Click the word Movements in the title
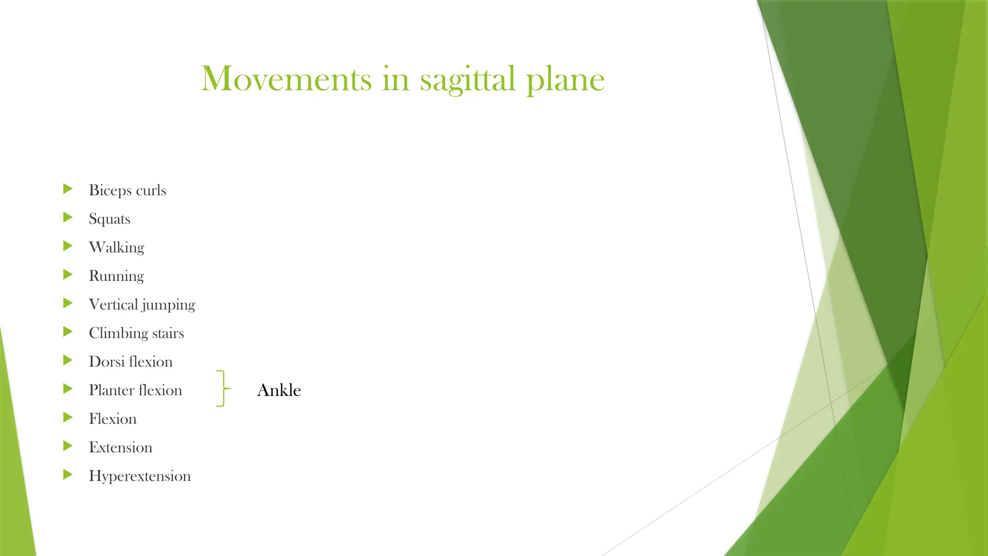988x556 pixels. [x=286, y=79]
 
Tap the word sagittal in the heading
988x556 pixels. [x=467, y=79]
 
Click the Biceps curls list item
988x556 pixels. [x=127, y=190]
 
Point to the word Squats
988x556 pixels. [x=110, y=219]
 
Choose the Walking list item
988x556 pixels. [x=116, y=247]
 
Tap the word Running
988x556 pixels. [x=116, y=276]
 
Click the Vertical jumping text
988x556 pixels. [x=142, y=305]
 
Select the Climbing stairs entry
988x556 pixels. [x=136, y=333]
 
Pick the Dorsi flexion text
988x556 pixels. [x=130, y=361]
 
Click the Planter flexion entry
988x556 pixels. [x=135, y=390]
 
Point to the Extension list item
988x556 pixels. [x=120, y=447]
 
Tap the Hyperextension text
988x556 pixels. [x=139, y=476]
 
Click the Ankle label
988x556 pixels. [x=279, y=390]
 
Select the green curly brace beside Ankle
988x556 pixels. [x=222, y=389]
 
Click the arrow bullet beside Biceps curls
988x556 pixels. [x=68, y=189]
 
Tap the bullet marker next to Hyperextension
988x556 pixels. [x=68, y=474]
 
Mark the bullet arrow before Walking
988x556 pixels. [x=68, y=246]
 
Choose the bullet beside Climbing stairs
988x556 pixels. [x=68, y=332]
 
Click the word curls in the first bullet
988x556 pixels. [x=151, y=190]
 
